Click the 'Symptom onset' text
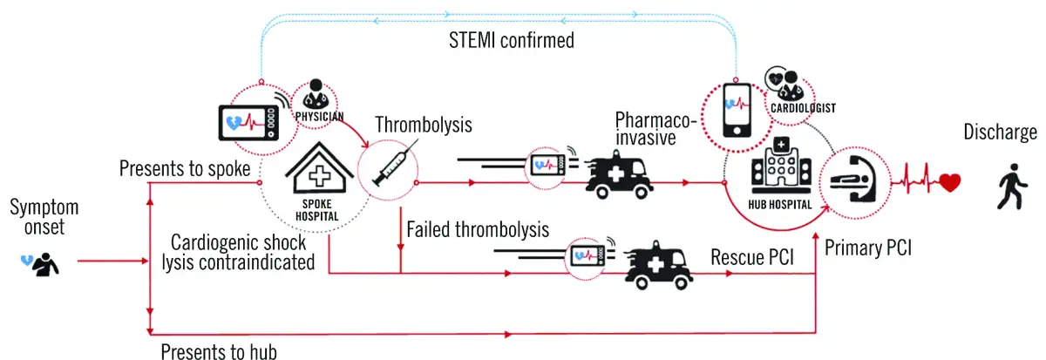(44, 219)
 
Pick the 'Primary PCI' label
(868, 247)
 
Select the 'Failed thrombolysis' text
(478, 230)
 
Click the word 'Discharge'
(1001, 132)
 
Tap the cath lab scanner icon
(852, 182)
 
